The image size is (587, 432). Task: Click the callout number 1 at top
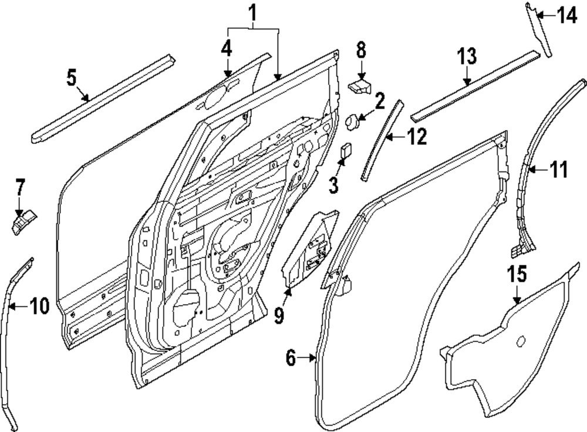pos(252,12)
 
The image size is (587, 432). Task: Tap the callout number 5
pos(72,78)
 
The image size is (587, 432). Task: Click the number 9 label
pos(278,315)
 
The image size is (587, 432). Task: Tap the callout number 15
pos(517,275)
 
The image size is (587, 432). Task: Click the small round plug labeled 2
pos(354,122)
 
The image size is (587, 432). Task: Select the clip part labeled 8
pos(360,87)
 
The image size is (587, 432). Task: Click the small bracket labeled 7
pos(23,222)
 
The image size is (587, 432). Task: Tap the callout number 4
pos(227,49)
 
